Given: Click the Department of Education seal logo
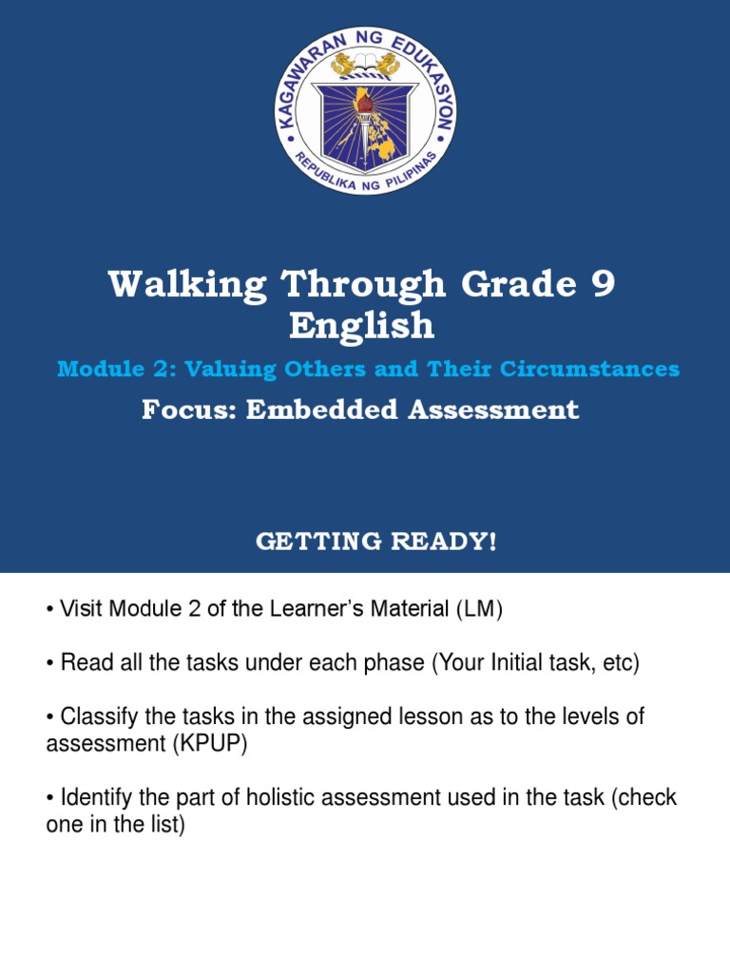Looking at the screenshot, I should [366, 112].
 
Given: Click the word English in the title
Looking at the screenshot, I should [362, 326].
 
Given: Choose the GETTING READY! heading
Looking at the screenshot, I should [376, 542].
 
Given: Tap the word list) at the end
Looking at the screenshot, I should [163, 825].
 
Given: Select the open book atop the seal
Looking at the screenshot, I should [366, 67].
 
